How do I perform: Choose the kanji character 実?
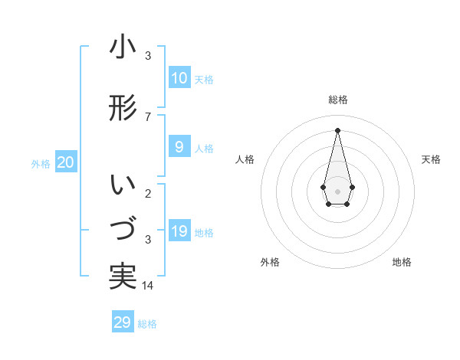click(x=123, y=277)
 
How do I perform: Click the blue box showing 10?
click(x=179, y=78)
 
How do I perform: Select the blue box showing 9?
click(x=179, y=147)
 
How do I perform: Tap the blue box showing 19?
click(x=179, y=231)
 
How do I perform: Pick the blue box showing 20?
click(x=66, y=162)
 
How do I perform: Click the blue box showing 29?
click(x=123, y=322)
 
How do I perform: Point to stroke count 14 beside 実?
click(x=149, y=286)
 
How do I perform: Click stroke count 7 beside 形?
click(x=148, y=116)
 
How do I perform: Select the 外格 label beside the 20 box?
click(x=41, y=163)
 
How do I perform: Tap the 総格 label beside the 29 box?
click(x=147, y=324)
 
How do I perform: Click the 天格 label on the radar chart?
click(x=431, y=159)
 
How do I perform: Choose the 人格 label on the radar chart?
click(x=245, y=159)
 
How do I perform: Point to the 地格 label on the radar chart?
click(x=402, y=262)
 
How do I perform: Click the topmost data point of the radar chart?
click(x=337, y=129)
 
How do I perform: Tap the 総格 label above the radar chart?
click(x=338, y=100)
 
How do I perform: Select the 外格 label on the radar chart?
click(x=270, y=262)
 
